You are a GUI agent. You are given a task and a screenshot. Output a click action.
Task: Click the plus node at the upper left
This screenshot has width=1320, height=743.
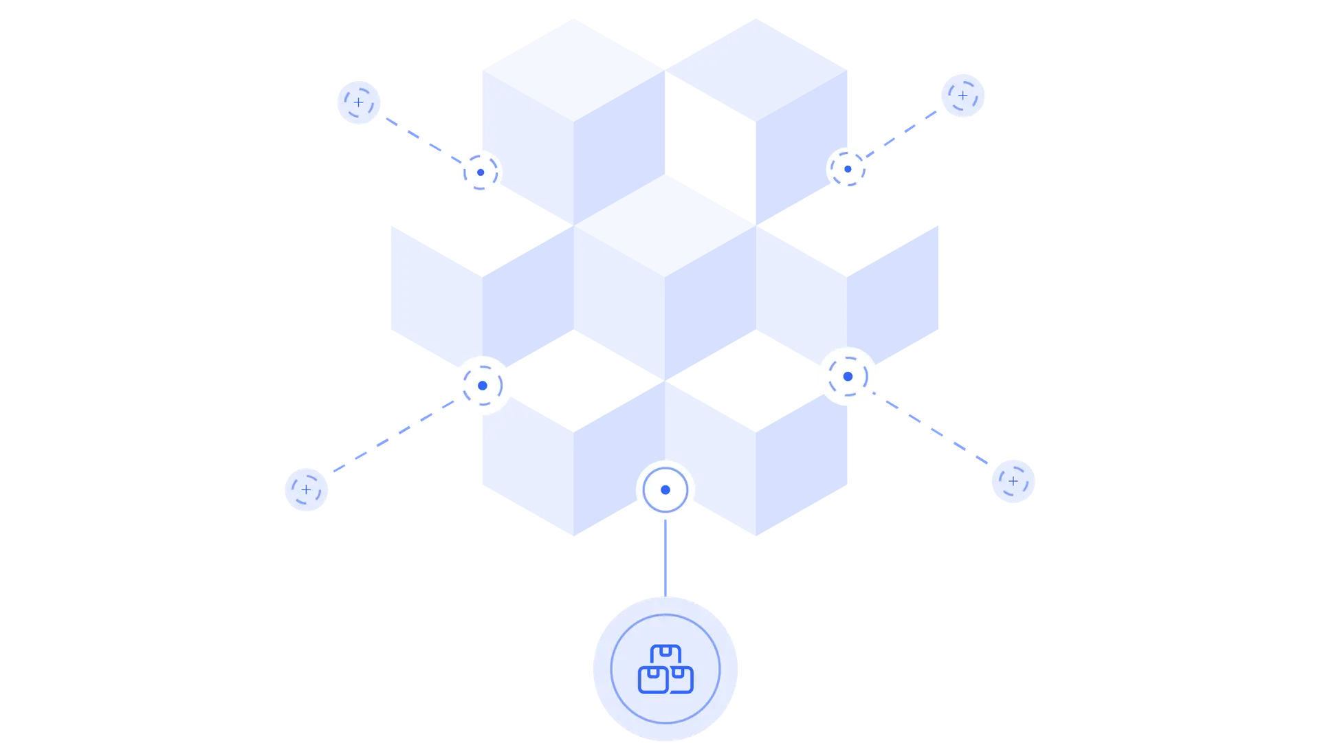tap(358, 102)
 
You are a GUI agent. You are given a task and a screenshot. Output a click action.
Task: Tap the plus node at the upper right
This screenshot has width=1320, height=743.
tap(963, 96)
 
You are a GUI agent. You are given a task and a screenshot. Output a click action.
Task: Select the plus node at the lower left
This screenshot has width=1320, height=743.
tap(306, 489)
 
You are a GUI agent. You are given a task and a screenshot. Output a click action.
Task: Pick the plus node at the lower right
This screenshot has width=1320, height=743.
tap(1013, 481)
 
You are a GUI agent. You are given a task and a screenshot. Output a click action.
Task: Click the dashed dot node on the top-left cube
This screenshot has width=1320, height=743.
tap(480, 173)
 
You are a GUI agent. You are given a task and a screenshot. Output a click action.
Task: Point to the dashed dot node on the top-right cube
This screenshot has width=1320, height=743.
tap(848, 168)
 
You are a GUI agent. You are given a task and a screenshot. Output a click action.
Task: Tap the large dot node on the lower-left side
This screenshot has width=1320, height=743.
tap(483, 386)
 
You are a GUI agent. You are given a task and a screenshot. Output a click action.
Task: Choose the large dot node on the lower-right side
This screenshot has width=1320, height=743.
tap(848, 377)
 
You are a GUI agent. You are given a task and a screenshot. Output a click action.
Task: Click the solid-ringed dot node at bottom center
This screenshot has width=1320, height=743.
tap(665, 490)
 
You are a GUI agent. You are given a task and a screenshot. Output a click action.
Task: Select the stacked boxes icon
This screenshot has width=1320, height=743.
tap(665, 669)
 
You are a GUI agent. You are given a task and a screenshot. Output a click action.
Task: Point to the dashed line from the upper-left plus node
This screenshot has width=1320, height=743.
tap(419, 137)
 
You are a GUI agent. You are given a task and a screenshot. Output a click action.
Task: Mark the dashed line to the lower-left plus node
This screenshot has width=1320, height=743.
tap(392, 437)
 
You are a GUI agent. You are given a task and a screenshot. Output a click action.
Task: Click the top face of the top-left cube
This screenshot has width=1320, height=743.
tap(573, 69)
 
